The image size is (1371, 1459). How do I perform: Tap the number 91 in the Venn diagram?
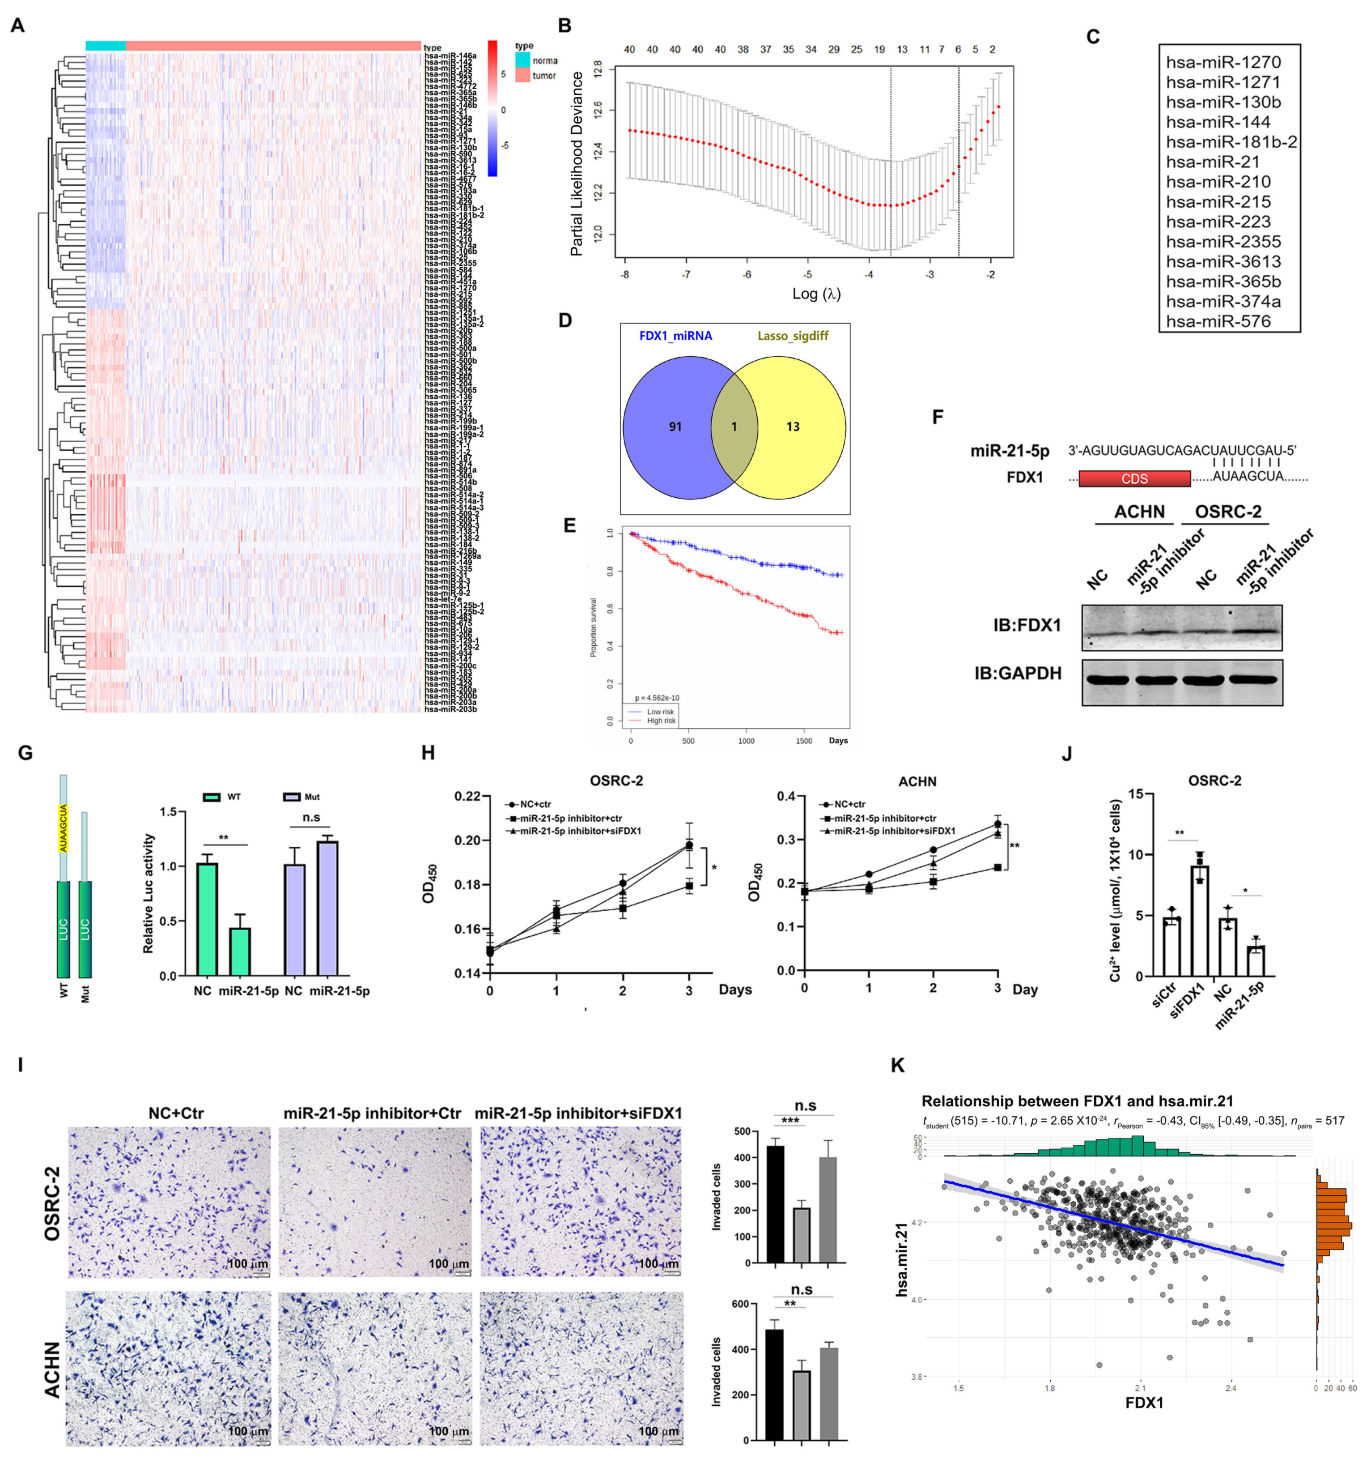tap(675, 427)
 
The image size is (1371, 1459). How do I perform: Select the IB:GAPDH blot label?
tap(1018, 673)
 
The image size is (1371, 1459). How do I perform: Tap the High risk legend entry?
tap(660, 721)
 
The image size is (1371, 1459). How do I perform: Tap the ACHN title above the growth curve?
tap(917, 781)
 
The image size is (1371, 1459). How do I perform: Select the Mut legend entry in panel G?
tap(301, 797)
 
